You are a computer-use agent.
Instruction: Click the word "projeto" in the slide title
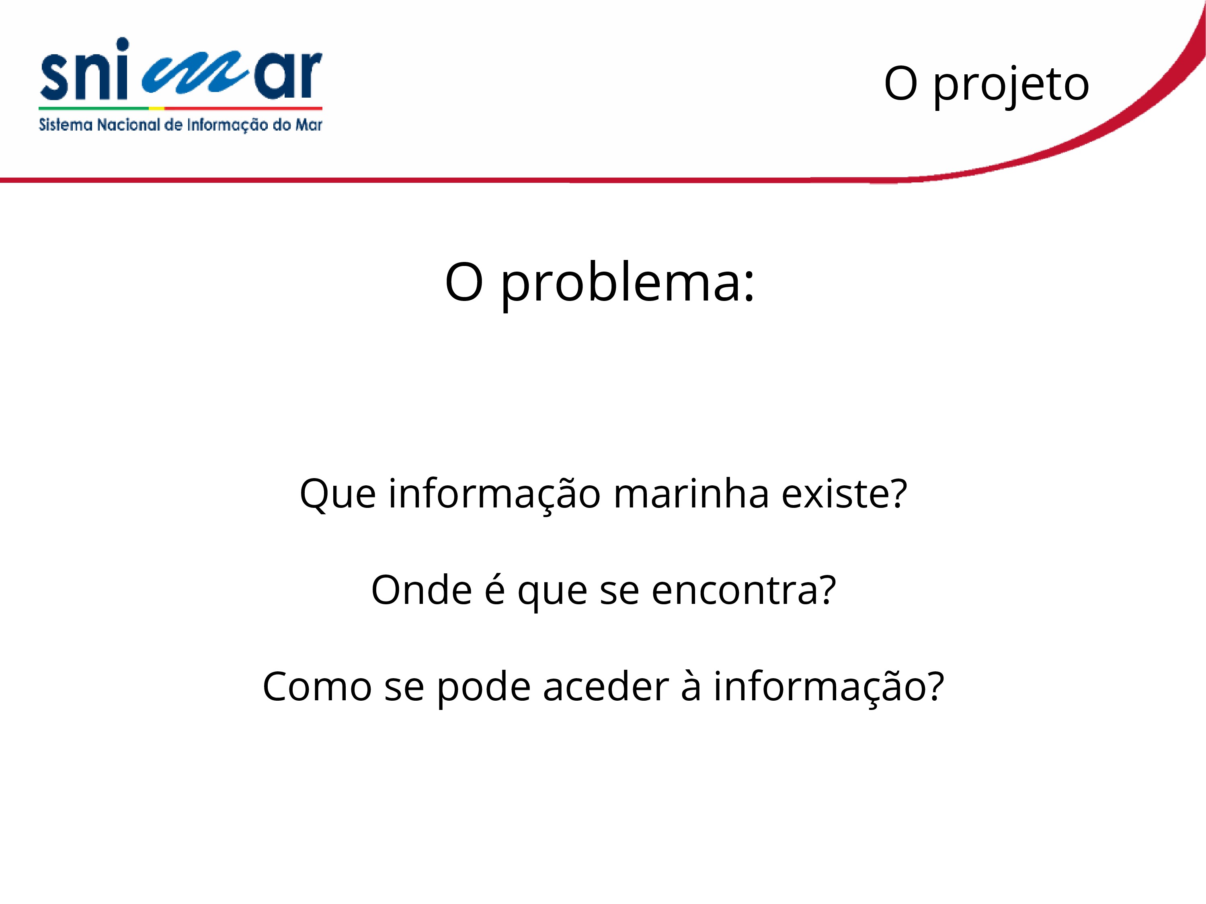[1011, 85]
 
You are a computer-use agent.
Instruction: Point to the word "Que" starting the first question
[338, 494]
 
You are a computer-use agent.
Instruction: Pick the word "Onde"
[421, 590]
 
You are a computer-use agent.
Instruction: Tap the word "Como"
[317, 687]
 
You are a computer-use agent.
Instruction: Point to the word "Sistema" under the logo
[66, 125]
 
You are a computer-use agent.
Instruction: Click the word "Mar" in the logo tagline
[309, 125]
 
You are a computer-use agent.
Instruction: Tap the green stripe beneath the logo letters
[93, 108]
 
